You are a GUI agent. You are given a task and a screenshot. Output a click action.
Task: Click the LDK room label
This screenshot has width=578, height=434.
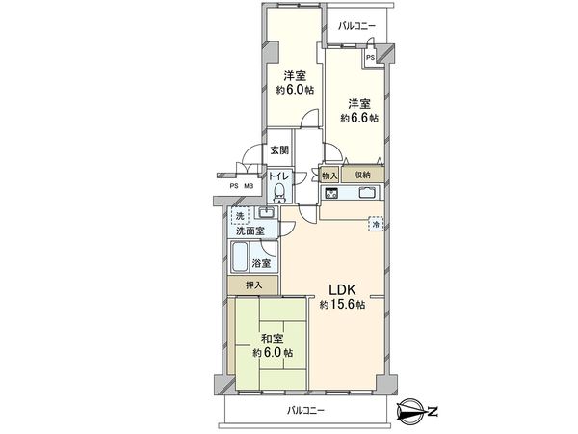[x=342, y=289]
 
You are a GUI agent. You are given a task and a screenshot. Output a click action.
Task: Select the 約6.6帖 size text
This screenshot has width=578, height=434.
[x=358, y=118]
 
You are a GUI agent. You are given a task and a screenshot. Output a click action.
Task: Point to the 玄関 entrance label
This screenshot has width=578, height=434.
[x=278, y=149]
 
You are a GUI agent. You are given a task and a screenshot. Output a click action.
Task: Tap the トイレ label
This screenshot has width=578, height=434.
[x=277, y=176]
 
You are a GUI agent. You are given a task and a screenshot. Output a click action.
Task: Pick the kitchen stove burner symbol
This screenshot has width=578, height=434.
[x=330, y=194]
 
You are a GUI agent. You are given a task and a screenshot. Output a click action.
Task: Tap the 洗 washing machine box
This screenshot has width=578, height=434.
[x=241, y=215]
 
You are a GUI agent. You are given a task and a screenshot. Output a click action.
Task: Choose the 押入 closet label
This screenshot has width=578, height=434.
[x=252, y=286]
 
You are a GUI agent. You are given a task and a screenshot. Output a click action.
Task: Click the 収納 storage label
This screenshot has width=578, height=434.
[x=362, y=175]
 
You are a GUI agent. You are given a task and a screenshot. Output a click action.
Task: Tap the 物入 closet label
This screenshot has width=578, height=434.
[x=329, y=175]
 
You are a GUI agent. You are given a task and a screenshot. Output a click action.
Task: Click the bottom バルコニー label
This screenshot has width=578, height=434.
[x=306, y=410]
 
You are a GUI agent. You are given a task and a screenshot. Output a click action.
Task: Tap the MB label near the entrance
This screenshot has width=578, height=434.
[x=249, y=186]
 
